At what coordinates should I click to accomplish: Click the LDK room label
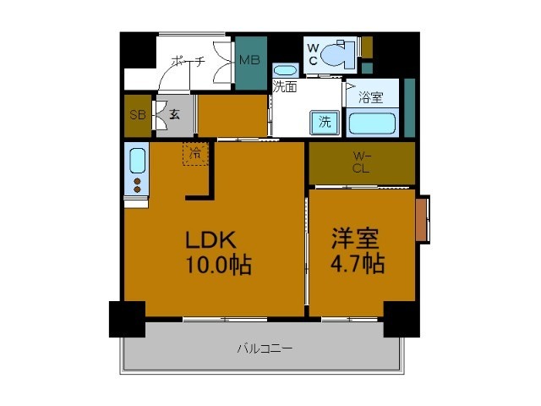pos(210,239)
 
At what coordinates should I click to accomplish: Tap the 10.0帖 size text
pos(219,265)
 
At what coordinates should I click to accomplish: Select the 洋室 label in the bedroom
pos(355,239)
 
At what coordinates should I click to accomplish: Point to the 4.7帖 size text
pos(358,263)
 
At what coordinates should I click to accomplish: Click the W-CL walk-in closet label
pos(361,162)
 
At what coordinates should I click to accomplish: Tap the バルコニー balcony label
pos(265,348)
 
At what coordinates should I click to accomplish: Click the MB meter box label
pos(249,60)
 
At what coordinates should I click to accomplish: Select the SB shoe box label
pos(138,115)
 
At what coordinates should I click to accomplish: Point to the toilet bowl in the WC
pos(338,54)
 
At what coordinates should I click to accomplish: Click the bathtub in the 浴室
pos(372,123)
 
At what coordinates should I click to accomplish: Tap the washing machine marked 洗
pos(325,122)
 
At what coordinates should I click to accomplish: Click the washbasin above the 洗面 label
pos(285,71)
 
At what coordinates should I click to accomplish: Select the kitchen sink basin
pos(137,161)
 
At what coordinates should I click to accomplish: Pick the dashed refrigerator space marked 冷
pos(195,154)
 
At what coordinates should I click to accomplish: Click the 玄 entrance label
pos(175,114)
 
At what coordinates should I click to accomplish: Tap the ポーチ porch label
pos(189,61)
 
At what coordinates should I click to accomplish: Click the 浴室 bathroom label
pos(370,97)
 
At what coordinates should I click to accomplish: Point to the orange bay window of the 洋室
pos(421,219)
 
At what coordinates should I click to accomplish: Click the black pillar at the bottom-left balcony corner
pos(127,319)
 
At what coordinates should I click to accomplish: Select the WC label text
pos(313,54)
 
